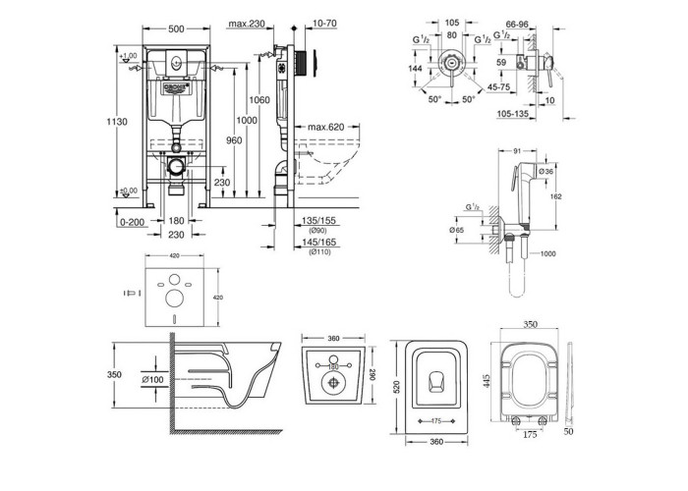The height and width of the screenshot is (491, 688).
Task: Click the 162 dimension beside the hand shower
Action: pos(557,197)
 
